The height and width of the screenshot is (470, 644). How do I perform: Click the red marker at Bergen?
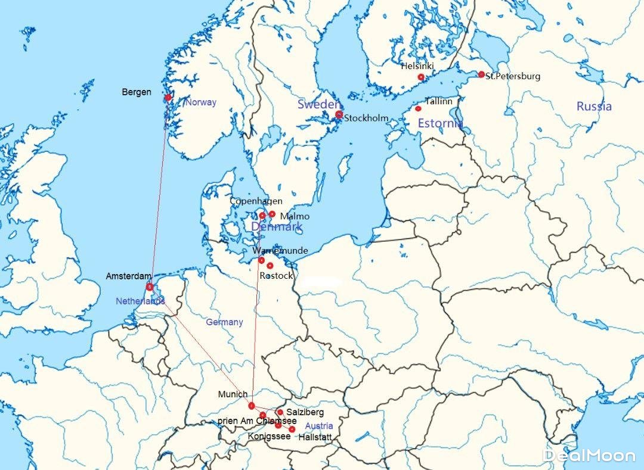pyautogui.click(x=168, y=97)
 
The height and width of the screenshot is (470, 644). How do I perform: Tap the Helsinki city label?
pyautogui.click(x=417, y=67)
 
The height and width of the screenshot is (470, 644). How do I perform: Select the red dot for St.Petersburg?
pyautogui.click(x=481, y=74)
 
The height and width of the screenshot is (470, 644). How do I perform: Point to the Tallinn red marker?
pyautogui.click(x=418, y=108)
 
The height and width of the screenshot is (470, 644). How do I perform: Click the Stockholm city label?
pyautogui.click(x=366, y=118)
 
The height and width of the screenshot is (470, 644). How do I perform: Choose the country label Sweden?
pyautogui.click(x=319, y=104)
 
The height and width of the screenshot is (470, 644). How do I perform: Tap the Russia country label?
pyautogui.click(x=594, y=107)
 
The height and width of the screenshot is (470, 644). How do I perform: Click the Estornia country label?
pyautogui.click(x=440, y=124)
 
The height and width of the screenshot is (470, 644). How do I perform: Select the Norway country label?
pyautogui.click(x=201, y=102)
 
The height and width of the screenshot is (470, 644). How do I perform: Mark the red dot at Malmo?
pyautogui.click(x=272, y=214)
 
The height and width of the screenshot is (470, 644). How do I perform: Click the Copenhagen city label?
pyautogui.click(x=256, y=201)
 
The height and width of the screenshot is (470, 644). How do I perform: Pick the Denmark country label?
pyautogui.click(x=277, y=227)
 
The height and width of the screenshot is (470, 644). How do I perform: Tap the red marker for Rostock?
pyautogui.click(x=270, y=266)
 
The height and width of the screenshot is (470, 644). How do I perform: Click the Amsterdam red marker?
pyautogui.click(x=149, y=287)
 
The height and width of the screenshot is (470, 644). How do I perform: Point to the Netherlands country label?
pyautogui.click(x=140, y=301)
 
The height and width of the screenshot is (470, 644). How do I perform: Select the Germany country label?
pyautogui.click(x=224, y=322)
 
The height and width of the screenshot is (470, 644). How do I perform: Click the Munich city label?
pyautogui.click(x=233, y=394)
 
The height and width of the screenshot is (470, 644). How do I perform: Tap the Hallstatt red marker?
pyautogui.click(x=292, y=429)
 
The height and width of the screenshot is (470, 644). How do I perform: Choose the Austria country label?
pyautogui.click(x=319, y=426)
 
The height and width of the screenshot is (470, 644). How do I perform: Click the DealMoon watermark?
pyautogui.click(x=589, y=456)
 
